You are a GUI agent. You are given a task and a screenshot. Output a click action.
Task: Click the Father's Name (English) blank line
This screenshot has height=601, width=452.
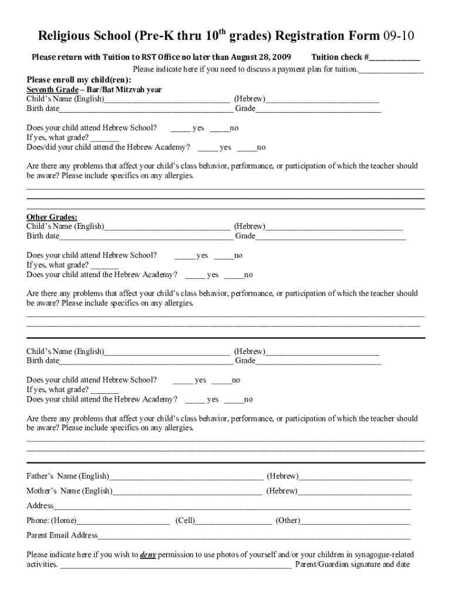[x=186, y=477]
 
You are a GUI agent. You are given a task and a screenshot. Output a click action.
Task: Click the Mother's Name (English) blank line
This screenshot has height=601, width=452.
[x=187, y=491]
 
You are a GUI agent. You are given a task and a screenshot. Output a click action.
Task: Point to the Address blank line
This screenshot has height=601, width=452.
[x=232, y=507]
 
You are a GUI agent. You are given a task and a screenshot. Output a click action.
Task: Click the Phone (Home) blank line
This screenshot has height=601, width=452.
[x=123, y=521]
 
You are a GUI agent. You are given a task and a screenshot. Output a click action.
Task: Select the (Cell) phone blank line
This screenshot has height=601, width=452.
[x=234, y=521]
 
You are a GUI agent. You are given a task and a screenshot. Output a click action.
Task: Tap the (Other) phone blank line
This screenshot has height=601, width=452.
[x=355, y=521]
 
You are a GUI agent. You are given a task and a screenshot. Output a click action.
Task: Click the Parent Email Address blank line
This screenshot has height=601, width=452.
[x=254, y=536]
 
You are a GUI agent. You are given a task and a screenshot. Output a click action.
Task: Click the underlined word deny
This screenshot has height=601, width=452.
[x=148, y=555]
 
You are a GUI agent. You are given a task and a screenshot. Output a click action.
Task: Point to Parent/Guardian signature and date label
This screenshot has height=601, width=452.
[x=352, y=565]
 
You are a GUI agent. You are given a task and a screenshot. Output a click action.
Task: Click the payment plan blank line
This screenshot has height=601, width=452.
[x=391, y=70]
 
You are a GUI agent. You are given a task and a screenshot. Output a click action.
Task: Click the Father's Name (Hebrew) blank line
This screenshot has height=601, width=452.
[x=356, y=477]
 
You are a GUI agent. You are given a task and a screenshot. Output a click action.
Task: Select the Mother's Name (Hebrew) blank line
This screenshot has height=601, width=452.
[x=355, y=491]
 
